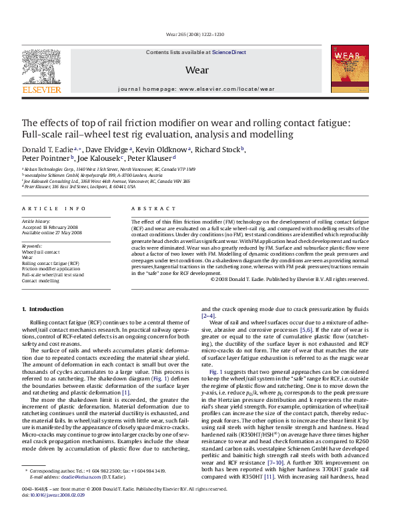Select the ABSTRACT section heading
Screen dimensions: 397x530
tap(147, 209)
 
